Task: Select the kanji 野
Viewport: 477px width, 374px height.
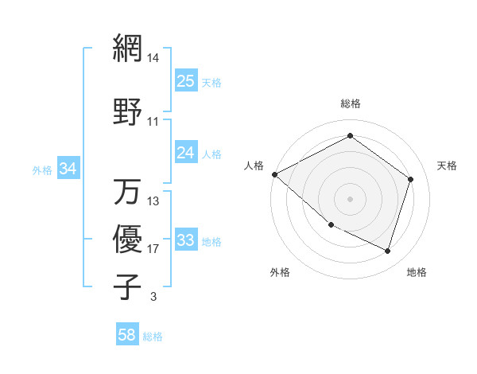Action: point(128,112)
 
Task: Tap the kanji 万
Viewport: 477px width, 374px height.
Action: point(128,192)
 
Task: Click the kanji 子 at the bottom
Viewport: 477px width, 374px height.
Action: point(128,286)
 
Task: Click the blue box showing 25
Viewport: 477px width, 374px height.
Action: point(186,81)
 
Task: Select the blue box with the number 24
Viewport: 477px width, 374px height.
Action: point(186,153)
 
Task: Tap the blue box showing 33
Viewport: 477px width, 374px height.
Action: point(186,240)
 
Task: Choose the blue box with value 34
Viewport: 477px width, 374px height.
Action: point(68,169)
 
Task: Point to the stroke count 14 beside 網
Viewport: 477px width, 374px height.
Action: point(153,58)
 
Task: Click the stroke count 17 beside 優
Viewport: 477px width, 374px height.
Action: point(153,249)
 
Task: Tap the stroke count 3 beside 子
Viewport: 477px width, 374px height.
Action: point(153,297)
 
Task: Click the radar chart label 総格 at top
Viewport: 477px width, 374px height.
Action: point(350,103)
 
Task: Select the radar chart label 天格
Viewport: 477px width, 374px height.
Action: point(448,166)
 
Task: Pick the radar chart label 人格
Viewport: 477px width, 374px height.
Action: point(254,166)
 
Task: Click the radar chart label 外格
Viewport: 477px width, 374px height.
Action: point(280,272)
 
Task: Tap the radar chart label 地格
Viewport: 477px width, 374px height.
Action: point(417,272)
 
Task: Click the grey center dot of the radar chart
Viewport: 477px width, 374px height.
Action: point(350,198)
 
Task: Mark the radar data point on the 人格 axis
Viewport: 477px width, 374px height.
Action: point(274,174)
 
